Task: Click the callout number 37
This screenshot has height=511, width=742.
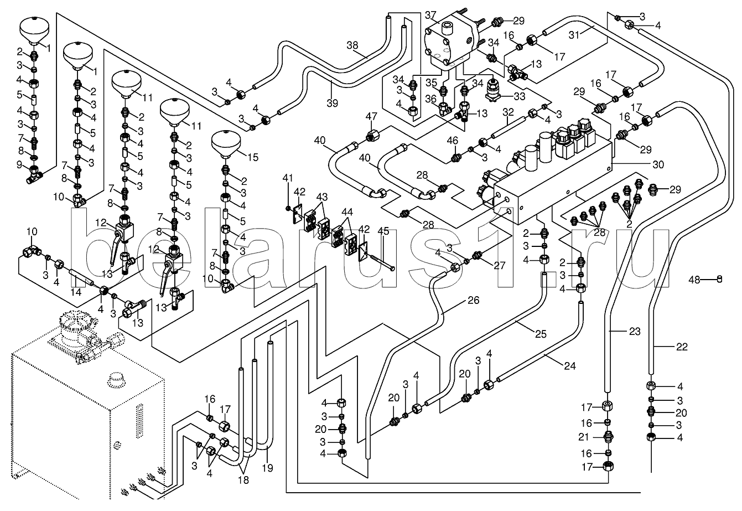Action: [431, 14]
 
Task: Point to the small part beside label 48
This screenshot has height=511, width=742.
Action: [719, 278]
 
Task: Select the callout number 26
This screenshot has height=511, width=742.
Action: [473, 301]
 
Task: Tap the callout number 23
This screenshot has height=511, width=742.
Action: [634, 332]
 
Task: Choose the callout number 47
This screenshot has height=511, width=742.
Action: [372, 116]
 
